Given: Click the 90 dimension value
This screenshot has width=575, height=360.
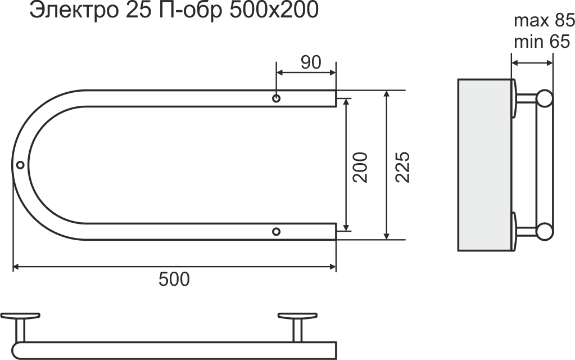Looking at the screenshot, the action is click(311, 62).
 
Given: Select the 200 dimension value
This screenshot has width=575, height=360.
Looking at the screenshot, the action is click(360, 167).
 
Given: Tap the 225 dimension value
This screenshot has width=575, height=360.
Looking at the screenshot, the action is click(402, 167).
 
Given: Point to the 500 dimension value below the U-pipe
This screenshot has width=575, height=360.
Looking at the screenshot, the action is click(174, 279).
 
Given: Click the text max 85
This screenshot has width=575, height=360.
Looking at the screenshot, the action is click(544, 21).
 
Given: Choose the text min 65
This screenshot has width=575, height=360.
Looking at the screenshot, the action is click(542, 42).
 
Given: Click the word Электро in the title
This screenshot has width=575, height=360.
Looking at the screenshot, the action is click(74, 11).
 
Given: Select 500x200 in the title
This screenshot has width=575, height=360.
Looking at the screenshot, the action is click(274, 11).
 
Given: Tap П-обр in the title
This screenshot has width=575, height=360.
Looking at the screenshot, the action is click(191, 11).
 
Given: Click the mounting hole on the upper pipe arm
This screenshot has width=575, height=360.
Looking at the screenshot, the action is click(277, 98).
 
